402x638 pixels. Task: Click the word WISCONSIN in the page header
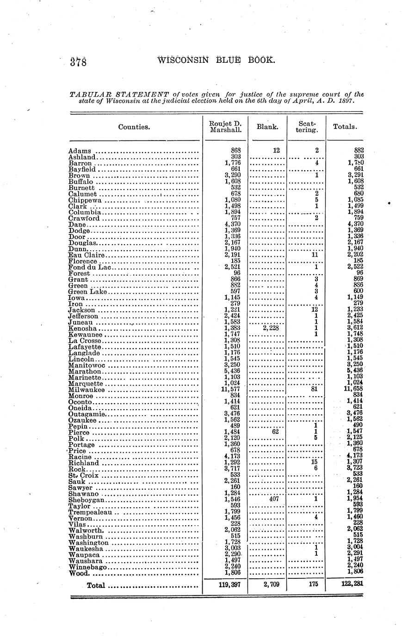[184, 60]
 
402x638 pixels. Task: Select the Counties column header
[134, 127]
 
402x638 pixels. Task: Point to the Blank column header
[267, 127]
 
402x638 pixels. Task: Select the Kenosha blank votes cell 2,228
[270, 328]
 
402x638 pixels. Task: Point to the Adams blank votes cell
[276, 150]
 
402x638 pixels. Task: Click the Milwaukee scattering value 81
[316, 390]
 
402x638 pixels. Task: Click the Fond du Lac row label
[90, 267]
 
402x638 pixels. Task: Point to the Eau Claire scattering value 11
[315, 255]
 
